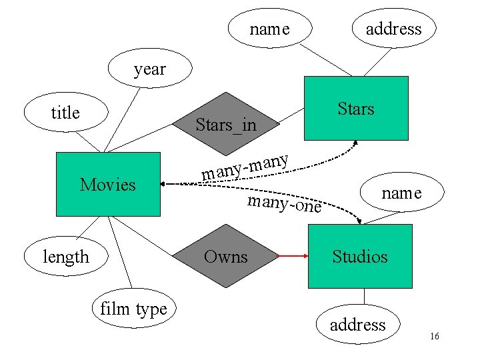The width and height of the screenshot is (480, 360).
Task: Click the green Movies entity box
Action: pyautogui.click(x=108, y=185)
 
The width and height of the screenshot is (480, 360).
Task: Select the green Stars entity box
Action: pyautogui.click(x=356, y=108)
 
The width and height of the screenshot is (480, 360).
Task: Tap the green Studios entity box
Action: pyautogui.click(x=360, y=256)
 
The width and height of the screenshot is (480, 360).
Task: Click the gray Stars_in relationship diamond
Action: pyautogui.click(x=226, y=124)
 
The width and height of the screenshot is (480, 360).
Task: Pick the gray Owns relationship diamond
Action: pyautogui.click(x=226, y=256)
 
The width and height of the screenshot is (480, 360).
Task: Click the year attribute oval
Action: pyautogui.click(x=149, y=69)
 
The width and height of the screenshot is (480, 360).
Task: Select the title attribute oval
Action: pyautogui.click(x=65, y=113)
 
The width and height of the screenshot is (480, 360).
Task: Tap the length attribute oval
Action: pyautogui.click(x=65, y=257)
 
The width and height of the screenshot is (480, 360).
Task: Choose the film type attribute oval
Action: pyautogui.click(x=133, y=309)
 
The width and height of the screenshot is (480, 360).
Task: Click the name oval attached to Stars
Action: pyautogui.click(x=269, y=29)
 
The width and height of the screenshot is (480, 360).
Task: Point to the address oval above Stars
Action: pyautogui.click(x=394, y=29)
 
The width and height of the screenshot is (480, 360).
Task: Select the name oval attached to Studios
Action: pyautogui.click(x=401, y=193)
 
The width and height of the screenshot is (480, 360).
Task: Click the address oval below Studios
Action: pyautogui.click(x=358, y=325)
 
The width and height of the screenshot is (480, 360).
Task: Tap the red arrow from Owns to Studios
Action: pyautogui.click(x=293, y=256)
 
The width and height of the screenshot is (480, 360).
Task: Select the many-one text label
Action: pyautogui.click(x=284, y=204)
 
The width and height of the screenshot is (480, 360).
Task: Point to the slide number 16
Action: pyautogui.click(x=434, y=337)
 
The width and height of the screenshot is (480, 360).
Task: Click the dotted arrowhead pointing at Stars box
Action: pyautogui.click(x=355, y=142)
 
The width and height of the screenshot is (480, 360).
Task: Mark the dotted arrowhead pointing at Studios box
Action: pyautogui.click(x=360, y=221)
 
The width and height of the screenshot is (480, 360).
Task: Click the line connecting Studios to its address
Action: pyautogui.click(x=364, y=297)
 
